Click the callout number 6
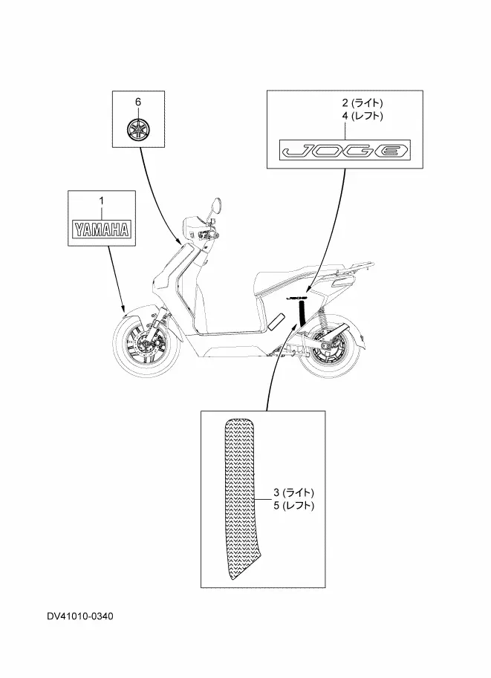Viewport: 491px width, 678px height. point(137,100)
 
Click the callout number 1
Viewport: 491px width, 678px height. point(102,201)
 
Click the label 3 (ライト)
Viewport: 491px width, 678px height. point(293,492)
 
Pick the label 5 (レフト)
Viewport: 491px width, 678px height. point(293,506)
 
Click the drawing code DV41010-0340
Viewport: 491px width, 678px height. point(81,616)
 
